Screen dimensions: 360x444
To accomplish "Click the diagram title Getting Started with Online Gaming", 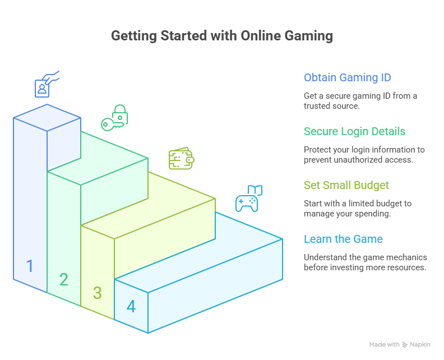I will click(222, 36).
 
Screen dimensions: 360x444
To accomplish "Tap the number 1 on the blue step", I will click(30, 266).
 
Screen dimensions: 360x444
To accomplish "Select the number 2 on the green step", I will click(64, 279).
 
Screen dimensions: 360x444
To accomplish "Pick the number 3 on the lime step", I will click(98, 293).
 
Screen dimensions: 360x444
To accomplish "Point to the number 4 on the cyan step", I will click(131, 307).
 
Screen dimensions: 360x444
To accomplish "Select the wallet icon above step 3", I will click(181, 159).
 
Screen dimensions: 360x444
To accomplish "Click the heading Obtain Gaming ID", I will click(347, 77).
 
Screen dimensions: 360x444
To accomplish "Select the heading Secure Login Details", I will click(354, 131).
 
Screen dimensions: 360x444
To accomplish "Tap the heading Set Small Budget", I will click(346, 185).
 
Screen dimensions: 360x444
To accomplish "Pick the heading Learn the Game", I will click(343, 239).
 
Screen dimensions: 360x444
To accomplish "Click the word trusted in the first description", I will click(316, 105).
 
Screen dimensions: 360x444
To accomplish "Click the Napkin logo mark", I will click(405, 344).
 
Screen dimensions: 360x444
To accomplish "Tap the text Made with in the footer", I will click(384, 344).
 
